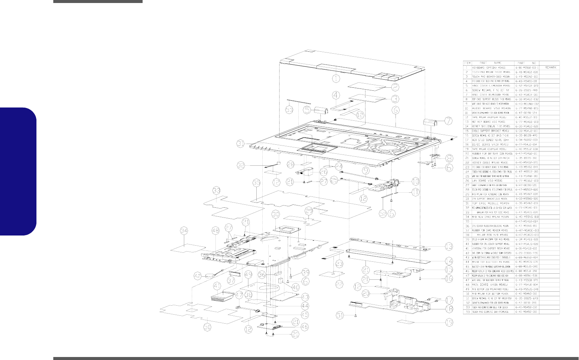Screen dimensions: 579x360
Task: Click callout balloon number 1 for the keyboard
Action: coord(335,78)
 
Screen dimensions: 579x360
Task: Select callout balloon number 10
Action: coord(415,181)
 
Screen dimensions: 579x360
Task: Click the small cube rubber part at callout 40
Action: coord(280,279)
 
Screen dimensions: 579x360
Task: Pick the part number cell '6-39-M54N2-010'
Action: coord(526,203)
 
